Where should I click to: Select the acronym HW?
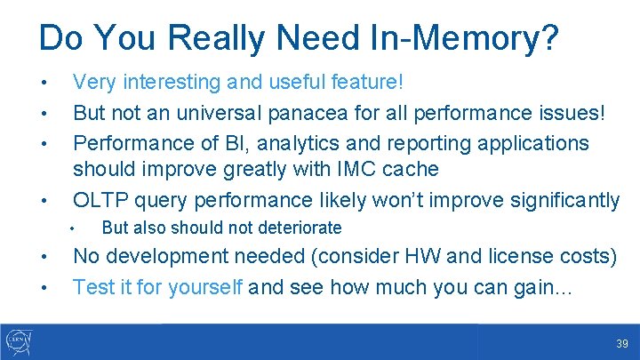tap(422, 258)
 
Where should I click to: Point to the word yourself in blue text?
tap(201, 287)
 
